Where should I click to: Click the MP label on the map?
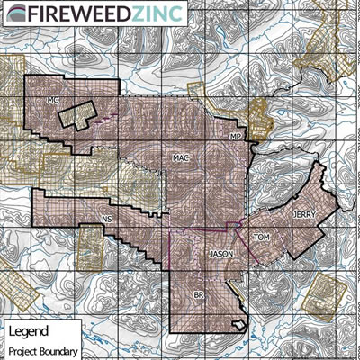pyautogui.click(x=236, y=135)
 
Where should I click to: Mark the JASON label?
pyautogui.click(x=221, y=255)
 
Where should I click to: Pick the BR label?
pyautogui.click(x=199, y=294)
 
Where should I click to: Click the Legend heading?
pyautogui.click(x=29, y=331)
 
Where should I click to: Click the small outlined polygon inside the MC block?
pyautogui.click(x=77, y=115)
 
